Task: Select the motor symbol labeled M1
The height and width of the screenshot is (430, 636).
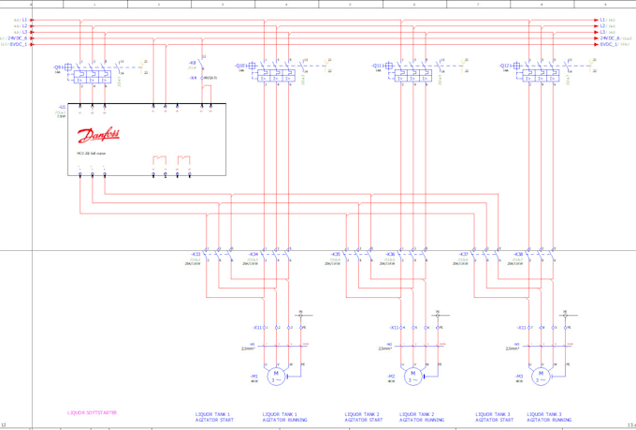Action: (275, 377)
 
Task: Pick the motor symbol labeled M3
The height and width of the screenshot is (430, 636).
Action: (540, 377)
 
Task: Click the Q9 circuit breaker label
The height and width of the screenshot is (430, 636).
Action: (58, 67)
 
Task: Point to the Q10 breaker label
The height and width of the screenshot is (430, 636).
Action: (240, 67)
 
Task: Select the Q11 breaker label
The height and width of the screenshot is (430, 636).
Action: (377, 67)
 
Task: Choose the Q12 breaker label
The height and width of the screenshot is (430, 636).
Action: (505, 67)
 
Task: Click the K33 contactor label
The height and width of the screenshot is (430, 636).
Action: (195, 254)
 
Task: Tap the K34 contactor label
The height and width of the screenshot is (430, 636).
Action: (253, 254)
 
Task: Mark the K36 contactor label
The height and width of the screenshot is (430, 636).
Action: (391, 254)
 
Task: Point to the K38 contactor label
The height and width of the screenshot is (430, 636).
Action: (519, 254)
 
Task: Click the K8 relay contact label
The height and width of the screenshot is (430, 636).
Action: (193, 63)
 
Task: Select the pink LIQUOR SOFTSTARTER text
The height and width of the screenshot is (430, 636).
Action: (92, 412)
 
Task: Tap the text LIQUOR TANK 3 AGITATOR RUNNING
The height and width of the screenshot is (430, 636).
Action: (548, 416)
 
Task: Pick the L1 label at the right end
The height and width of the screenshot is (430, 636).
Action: (604, 19)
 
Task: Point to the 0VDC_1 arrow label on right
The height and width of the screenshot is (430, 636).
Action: (608, 44)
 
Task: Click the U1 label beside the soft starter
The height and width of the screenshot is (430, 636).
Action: (63, 108)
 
